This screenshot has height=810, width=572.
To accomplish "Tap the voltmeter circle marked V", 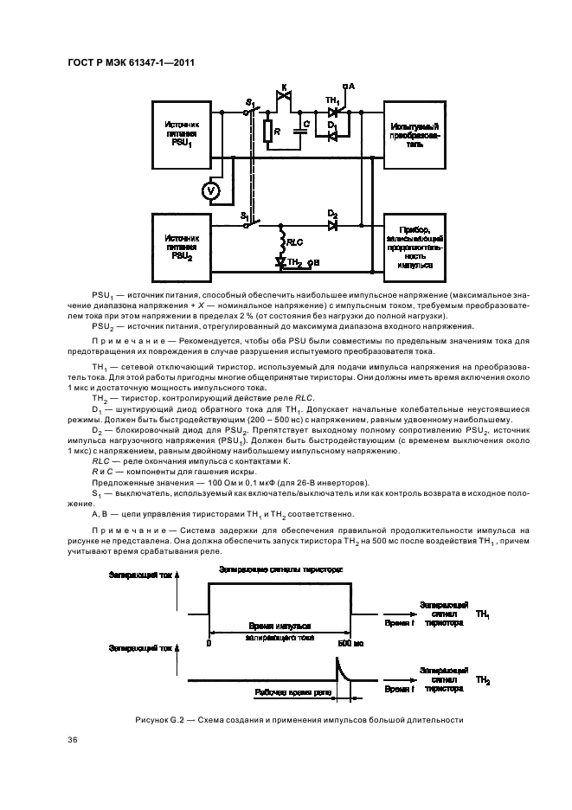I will coord(210,190).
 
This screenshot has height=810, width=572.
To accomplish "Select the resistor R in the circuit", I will coord(269,132).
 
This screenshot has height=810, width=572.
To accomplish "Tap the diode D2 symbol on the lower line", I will coord(331,225).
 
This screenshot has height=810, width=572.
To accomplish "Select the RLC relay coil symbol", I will coord(281,240).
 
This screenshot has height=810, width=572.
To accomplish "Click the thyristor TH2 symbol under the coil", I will coord(281,260).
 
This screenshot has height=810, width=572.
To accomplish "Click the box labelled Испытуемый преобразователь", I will coord(415,134).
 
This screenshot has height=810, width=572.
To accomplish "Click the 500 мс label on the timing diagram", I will coord(348,643).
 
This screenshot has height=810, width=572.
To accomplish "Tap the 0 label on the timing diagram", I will coord(209,643).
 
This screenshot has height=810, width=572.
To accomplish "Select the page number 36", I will coord(72,740).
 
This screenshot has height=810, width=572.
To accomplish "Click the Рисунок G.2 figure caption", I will coord(299,719).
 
